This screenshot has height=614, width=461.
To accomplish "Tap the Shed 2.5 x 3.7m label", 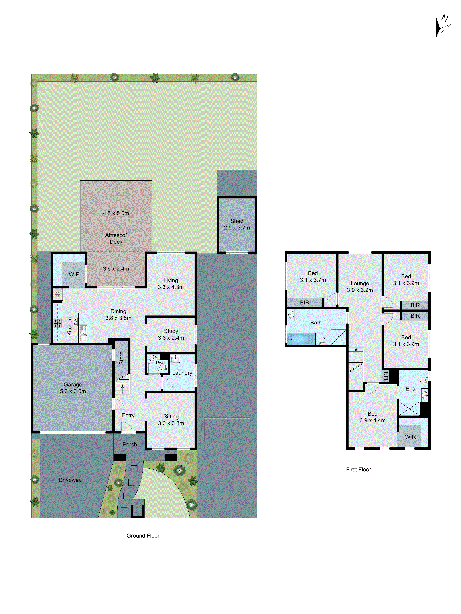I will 237,224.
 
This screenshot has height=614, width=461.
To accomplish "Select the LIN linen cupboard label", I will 386,376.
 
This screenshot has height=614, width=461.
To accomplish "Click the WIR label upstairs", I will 410,437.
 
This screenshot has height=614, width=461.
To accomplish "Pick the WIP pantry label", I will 74,274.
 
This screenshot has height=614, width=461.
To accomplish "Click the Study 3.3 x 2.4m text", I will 171,334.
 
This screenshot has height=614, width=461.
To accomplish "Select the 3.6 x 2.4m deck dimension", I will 116,269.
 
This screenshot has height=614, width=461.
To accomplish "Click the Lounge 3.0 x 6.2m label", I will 360,286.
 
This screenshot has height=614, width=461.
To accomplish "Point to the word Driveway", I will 70,480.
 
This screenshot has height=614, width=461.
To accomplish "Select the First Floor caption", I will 359,469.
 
